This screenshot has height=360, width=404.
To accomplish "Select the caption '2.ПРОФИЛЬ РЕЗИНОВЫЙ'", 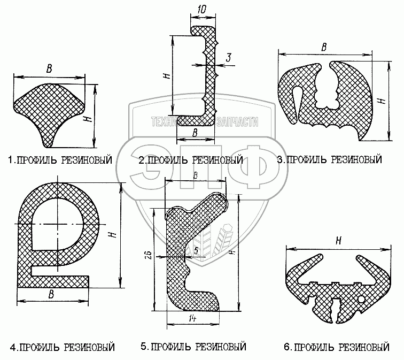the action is [191, 160].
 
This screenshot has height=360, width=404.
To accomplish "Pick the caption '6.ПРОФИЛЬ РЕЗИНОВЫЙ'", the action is [337, 347].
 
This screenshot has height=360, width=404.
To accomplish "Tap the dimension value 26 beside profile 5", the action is [149, 254].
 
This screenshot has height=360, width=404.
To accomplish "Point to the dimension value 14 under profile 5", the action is [192, 319].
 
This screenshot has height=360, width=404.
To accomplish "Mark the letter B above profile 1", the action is [50, 68].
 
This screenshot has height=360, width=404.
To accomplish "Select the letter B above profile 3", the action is [323, 47].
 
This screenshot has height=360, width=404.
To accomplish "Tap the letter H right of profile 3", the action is [380, 100].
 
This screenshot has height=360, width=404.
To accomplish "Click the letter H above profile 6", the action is [338, 242].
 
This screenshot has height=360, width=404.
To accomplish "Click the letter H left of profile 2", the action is [166, 76].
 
